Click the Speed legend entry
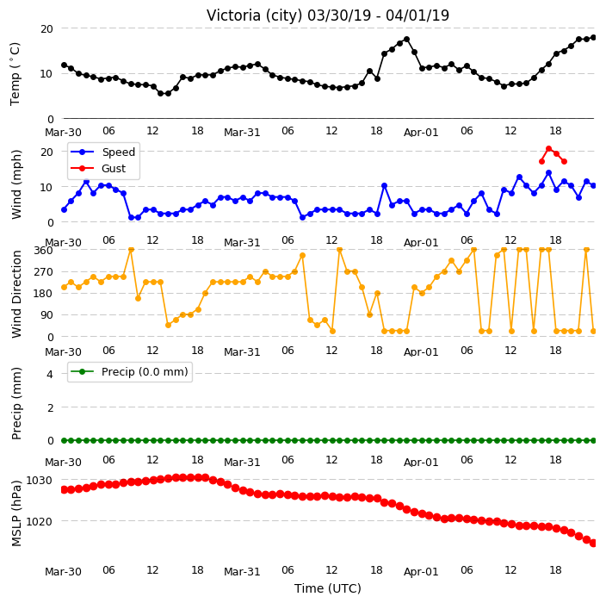click(x=102, y=152)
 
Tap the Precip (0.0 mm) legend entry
click(x=129, y=371)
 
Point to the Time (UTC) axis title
click(x=328, y=588)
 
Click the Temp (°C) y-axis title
click(x=15, y=74)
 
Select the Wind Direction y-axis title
click(x=16, y=294)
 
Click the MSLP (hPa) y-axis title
click(x=16, y=513)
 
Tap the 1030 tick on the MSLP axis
click(x=39, y=481)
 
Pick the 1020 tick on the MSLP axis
click(x=39, y=521)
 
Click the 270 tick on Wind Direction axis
click(x=43, y=272)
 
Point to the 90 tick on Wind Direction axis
click(x=46, y=314)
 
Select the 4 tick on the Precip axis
click(x=50, y=374)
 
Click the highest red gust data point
click(x=549, y=148)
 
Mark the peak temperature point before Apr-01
click(x=406, y=39)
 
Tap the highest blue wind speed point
click(x=549, y=173)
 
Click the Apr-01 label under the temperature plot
click(x=421, y=133)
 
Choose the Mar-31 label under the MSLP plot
click(x=242, y=571)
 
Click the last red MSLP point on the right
click(x=594, y=544)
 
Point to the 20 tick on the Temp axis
click(x=46, y=28)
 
